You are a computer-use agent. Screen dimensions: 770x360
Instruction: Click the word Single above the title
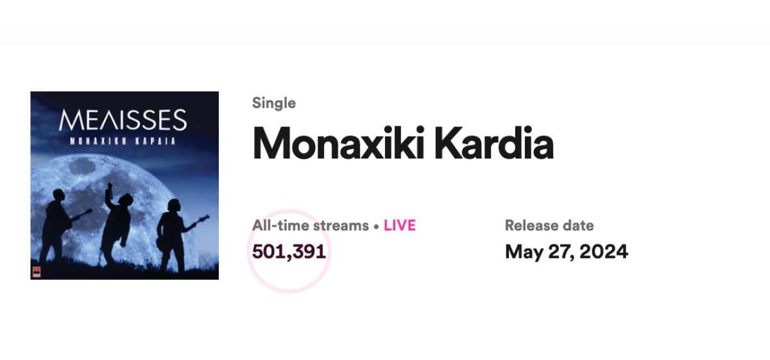click(x=274, y=103)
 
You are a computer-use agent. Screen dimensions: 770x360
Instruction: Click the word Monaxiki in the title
click(x=338, y=143)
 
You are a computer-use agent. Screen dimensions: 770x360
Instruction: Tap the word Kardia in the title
click(x=494, y=143)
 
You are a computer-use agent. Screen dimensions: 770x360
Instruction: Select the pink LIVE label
click(x=399, y=225)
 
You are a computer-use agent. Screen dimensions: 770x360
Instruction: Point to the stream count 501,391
click(x=289, y=252)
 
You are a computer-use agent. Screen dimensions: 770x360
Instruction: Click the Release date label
click(x=549, y=225)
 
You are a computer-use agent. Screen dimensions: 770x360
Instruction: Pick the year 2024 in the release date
click(x=604, y=252)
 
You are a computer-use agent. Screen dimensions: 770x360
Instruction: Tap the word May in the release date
click(x=524, y=252)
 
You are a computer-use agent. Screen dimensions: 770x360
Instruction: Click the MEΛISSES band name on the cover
click(x=123, y=119)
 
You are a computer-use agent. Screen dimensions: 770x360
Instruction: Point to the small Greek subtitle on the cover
click(x=123, y=141)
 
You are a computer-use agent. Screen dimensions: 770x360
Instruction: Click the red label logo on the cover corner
click(x=37, y=271)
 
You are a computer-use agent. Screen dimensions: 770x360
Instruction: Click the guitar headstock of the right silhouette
click(x=205, y=218)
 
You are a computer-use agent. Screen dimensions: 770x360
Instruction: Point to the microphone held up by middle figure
click(x=110, y=190)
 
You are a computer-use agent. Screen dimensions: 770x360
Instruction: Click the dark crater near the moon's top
click(x=83, y=167)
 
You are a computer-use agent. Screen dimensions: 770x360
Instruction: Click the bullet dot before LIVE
click(x=376, y=227)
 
